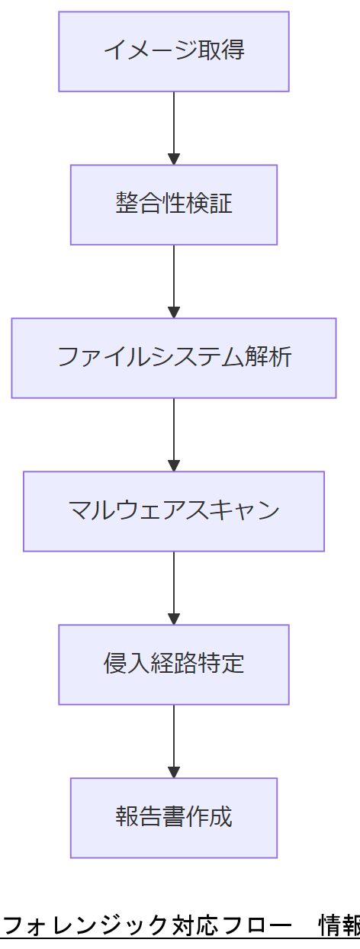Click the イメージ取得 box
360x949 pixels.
174,51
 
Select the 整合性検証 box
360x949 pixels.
174,204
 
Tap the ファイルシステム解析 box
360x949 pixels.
174,358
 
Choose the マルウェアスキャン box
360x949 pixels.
174,511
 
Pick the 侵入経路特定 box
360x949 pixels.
174,664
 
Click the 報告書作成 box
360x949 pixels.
174,818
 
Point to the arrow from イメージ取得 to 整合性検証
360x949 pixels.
174,126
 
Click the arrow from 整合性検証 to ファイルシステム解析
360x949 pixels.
174,279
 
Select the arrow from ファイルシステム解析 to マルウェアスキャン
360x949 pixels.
174,433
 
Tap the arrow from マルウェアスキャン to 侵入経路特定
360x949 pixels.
174,586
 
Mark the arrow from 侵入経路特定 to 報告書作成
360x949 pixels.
174,739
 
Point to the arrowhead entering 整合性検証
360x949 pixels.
174,159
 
